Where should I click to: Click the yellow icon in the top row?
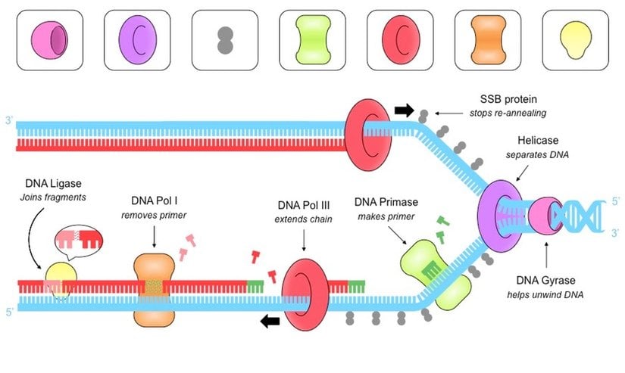pyautogui.click(x=576, y=40)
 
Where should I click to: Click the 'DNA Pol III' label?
pyautogui.click(x=305, y=206)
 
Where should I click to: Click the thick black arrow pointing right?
pyautogui.click(x=405, y=110)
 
